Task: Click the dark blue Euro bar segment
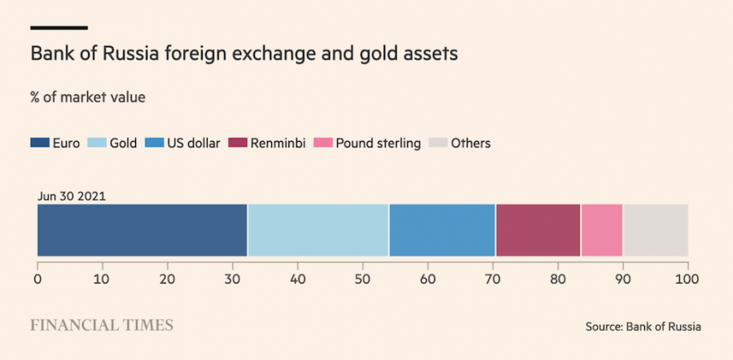(x=142, y=230)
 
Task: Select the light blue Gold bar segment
(x=318, y=230)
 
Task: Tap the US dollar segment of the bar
(x=442, y=230)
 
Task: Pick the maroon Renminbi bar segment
(x=538, y=230)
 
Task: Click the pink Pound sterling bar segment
(x=602, y=230)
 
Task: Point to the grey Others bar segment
(x=656, y=230)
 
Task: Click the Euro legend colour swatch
(x=40, y=143)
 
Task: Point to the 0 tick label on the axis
(x=37, y=279)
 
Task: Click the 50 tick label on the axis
(x=362, y=279)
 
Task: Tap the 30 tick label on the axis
(x=233, y=279)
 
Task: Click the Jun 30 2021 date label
(x=72, y=196)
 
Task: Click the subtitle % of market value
(x=87, y=98)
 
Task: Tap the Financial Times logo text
(x=102, y=325)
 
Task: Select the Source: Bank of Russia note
(x=643, y=327)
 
